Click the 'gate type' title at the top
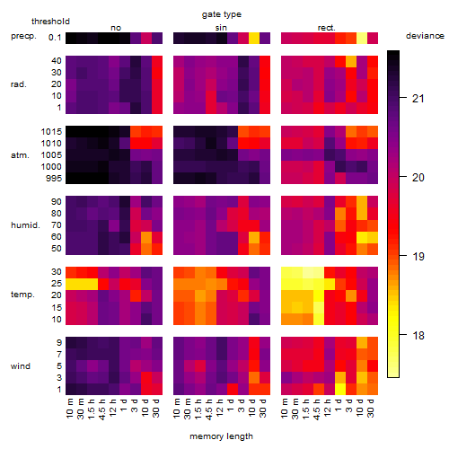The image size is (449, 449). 222,14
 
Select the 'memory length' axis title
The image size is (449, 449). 221,436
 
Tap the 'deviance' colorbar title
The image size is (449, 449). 425,36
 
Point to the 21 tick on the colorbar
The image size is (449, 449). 403,98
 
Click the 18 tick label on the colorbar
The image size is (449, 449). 418,335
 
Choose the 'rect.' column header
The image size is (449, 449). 327,28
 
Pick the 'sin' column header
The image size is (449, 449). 221,28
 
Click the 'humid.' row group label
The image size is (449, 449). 25,225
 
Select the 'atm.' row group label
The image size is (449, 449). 20,155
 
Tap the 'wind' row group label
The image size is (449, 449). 21,366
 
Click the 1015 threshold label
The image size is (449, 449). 51,132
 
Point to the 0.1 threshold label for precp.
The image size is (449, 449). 55,38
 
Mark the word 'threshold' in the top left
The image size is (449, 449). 50,22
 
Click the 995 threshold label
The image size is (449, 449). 54,179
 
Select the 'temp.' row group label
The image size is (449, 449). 22,295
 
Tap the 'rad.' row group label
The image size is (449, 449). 19,84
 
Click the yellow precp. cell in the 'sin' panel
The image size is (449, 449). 254,38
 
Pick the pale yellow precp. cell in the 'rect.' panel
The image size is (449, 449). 362,38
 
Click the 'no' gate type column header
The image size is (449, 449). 116,28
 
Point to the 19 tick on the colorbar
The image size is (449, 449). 403,256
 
